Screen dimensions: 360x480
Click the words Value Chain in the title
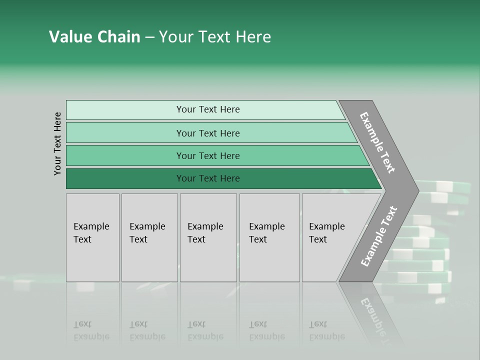pos(94,37)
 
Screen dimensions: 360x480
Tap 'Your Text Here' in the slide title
pos(215,37)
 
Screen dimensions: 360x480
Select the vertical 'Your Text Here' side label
pos(57,143)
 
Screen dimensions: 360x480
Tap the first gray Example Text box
pos(92,237)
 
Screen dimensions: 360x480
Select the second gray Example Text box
pos(149,237)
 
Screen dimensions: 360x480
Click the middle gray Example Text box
pos(208,237)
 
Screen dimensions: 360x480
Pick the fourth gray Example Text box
pos(269,237)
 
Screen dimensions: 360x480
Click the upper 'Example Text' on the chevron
pos(377,142)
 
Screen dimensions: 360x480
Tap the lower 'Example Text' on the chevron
pos(378,236)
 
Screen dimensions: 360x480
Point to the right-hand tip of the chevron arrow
pos(417,190)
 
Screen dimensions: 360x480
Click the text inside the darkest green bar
pos(208,178)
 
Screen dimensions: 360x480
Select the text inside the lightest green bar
pos(208,109)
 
